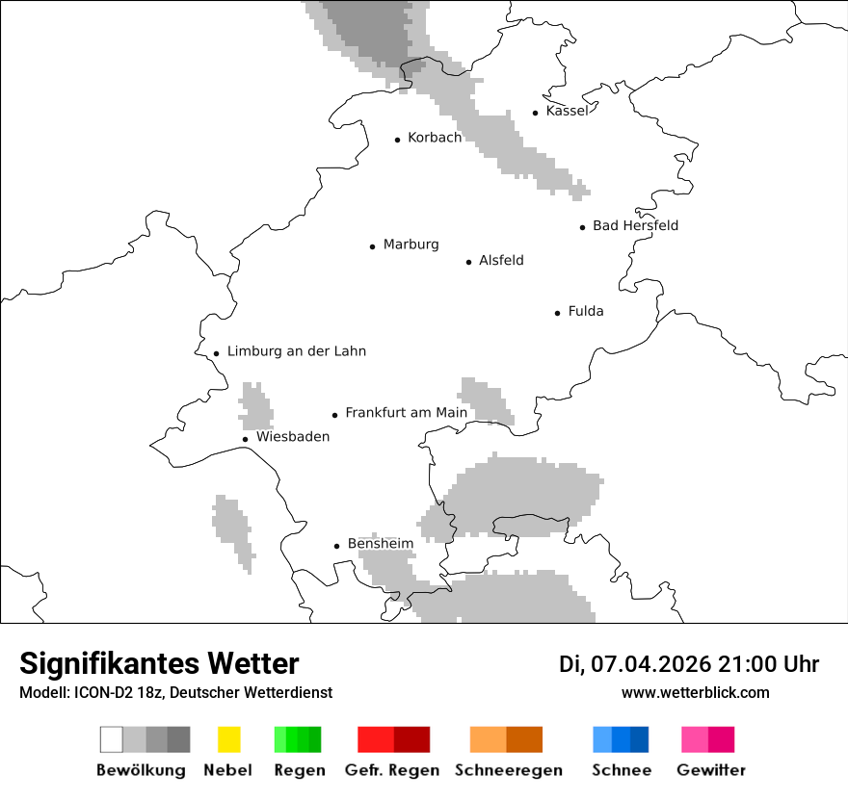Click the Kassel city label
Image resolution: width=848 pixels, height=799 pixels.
[x=566, y=111]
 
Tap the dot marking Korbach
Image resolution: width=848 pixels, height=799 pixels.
[x=397, y=140]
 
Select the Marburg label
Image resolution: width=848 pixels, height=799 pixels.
[x=411, y=245]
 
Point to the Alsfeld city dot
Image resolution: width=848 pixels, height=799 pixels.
[x=469, y=262]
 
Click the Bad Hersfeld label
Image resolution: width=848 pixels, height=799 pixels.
[x=635, y=225]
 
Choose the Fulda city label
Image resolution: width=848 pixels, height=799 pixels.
[x=586, y=311]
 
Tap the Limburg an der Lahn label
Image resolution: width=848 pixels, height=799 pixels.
[x=296, y=351]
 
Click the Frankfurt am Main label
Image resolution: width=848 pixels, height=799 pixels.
[x=406, y=412]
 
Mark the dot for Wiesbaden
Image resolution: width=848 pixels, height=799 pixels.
[x=246, y=439]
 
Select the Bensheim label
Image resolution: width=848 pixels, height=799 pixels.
[x=380, y=543]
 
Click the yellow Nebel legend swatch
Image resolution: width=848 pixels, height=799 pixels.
[x=228, y=739]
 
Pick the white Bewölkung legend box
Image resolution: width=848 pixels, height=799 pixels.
[x=112, y=739]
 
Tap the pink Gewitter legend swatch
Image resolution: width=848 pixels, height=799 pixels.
[x=694, y=739]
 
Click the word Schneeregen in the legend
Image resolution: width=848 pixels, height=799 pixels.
[x=508, y=770]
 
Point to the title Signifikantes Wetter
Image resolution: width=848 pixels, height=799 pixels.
[x=159, y=663]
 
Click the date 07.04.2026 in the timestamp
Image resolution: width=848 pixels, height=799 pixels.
[x=650, y=664]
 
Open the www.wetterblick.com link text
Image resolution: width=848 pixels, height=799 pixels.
[x=695, y=692]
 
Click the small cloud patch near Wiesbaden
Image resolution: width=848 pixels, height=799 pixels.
[x=256, y=406]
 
